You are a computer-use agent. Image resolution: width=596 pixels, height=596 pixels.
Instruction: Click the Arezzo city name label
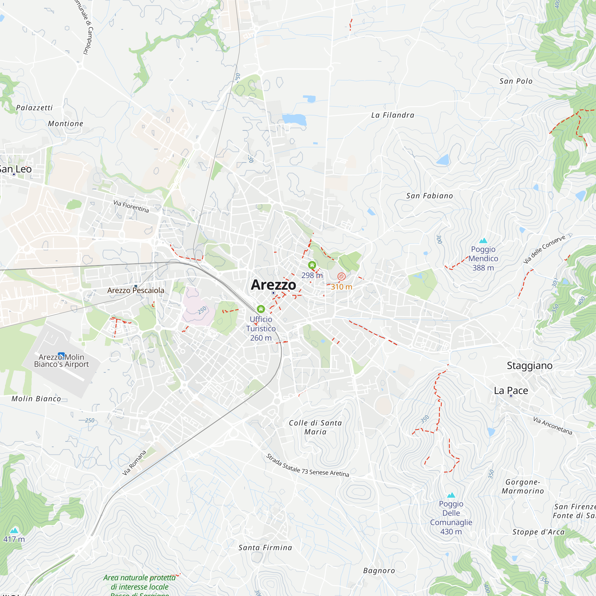pos(273,285)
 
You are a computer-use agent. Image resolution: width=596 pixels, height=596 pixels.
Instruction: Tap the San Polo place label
pos(516,81)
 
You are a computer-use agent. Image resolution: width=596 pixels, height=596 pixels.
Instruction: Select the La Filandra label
pos(392,115)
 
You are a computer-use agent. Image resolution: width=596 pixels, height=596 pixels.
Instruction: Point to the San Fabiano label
pos(429,196)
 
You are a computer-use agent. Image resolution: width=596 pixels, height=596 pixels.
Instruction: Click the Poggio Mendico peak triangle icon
pos(483,240)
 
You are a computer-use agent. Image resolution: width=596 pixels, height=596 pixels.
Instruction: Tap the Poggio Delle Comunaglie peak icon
pos(451,495)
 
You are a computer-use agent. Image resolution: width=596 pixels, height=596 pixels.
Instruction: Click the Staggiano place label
pos(529,366)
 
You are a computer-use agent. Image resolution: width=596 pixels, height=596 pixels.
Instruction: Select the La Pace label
pos(511,391)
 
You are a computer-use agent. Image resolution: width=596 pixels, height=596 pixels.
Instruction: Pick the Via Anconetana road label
pos(552,426)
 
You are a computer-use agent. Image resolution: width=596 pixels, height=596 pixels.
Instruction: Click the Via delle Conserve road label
pos(544,249)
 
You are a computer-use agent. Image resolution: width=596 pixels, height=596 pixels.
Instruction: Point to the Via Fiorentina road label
pos(131,206)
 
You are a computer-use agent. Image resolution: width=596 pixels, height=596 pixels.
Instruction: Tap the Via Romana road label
pos(134,463)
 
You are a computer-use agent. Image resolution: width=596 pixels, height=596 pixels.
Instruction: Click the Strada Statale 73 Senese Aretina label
pos(307,465)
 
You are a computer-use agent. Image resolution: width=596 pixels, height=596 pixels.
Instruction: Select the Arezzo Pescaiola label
pos(136,290)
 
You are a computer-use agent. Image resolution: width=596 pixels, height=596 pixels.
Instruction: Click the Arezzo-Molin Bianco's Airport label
pos(61,361)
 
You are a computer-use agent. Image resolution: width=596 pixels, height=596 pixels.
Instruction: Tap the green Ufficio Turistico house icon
pos(261,309)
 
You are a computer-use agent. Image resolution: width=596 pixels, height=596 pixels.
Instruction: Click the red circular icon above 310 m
pos(341,277)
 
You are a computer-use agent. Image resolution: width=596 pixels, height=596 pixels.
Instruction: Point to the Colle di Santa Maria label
pos(315,427)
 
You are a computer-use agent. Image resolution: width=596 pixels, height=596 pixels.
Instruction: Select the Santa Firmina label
pos(265,547)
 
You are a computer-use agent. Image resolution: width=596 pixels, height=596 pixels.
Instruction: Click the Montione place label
pos(65,124)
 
